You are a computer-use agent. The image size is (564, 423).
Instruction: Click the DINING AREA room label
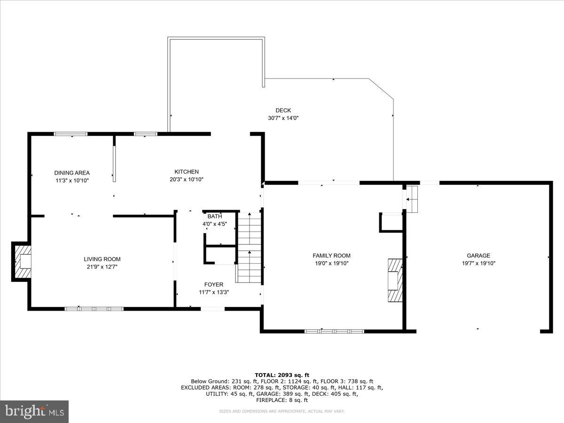click(x=71, y=173)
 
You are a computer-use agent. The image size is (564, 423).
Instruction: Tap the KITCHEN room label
click(x=187, y=172)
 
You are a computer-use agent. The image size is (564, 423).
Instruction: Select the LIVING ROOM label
click(x=102, y=259)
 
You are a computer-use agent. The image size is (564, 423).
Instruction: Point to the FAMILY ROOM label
click(x=331, y=256)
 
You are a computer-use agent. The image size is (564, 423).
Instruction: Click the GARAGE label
click(x=478, y=256)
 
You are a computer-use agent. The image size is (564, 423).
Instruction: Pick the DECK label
click(x=283, y=110)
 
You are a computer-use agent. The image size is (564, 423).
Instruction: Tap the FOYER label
click(x=213, y=284)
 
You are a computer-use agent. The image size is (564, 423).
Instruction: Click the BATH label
click(x=215, y=217)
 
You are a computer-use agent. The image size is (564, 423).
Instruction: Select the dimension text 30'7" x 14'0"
click(x=283, y=118)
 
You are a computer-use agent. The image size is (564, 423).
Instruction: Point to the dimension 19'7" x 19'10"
click(x=478, y=263)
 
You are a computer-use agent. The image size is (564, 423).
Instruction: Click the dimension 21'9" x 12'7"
click(x=102, y=267)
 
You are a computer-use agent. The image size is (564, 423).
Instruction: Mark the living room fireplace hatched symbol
click(x=22, y=261)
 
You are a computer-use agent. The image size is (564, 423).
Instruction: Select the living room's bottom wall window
click(x=94, y=309)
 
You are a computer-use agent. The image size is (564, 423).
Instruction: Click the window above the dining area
click(x=71, y=134)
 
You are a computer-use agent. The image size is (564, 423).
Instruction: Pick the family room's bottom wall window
click(x=334, y=331)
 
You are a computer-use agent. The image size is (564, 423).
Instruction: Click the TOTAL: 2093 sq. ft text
click(x=282, y=375)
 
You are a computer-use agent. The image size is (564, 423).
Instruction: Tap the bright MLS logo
click(x=34, y=412)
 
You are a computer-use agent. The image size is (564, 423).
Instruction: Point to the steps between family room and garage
click(x=412, y=199)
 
